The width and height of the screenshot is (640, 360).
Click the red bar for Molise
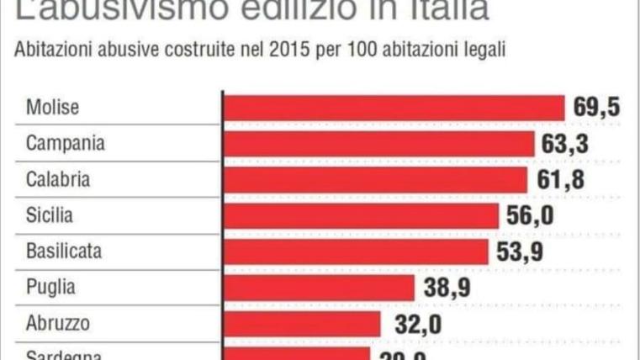pos(394,108)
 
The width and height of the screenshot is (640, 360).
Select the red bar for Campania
pos(378,144)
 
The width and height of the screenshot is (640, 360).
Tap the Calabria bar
pos(374,180)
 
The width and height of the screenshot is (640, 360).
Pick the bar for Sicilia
pos(362,216)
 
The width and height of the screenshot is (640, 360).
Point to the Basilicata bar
pos(356,251)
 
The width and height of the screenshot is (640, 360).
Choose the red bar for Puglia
pos(319,288)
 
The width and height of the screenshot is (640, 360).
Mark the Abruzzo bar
pos(302,324)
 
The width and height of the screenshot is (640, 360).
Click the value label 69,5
pos(596,108)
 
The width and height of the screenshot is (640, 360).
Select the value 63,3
pos(564,144)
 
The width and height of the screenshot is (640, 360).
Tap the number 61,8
pos(557,180)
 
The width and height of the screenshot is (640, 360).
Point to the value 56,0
pos(530,216)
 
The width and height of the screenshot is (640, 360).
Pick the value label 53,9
pos(519,251)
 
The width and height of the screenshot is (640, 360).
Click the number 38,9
pos(446,288)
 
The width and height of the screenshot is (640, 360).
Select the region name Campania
pos(66,144)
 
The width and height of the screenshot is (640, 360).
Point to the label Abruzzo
pos(58,324)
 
